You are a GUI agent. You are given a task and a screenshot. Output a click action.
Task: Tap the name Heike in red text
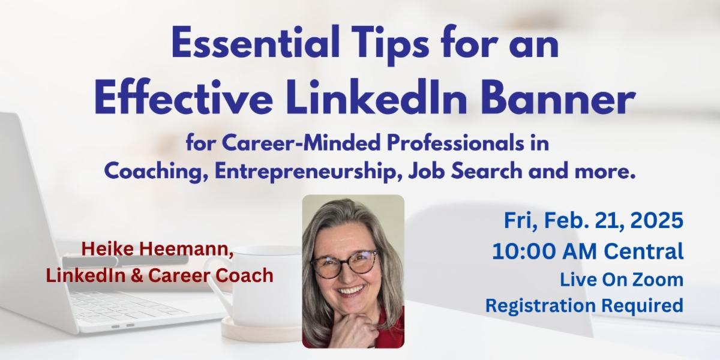[x=103, y=249]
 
